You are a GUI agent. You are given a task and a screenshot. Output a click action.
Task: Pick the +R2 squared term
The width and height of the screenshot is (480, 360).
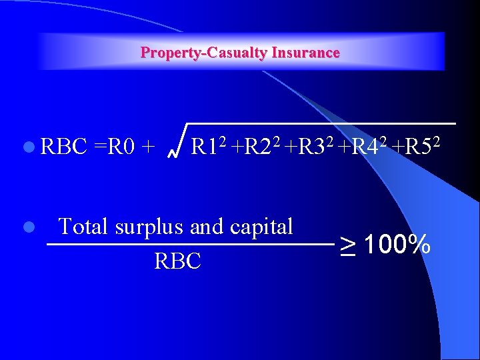[x=257, y=145]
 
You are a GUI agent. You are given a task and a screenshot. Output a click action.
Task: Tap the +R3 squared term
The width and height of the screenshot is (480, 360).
[x=309, y=145]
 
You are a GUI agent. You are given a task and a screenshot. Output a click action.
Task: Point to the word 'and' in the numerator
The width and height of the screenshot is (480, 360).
[x=207, y=227]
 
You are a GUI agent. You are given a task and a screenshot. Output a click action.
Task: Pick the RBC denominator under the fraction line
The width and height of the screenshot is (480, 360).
[x=177, y=261]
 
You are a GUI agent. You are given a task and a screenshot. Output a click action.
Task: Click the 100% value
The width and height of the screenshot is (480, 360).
[x=397, y=245]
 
